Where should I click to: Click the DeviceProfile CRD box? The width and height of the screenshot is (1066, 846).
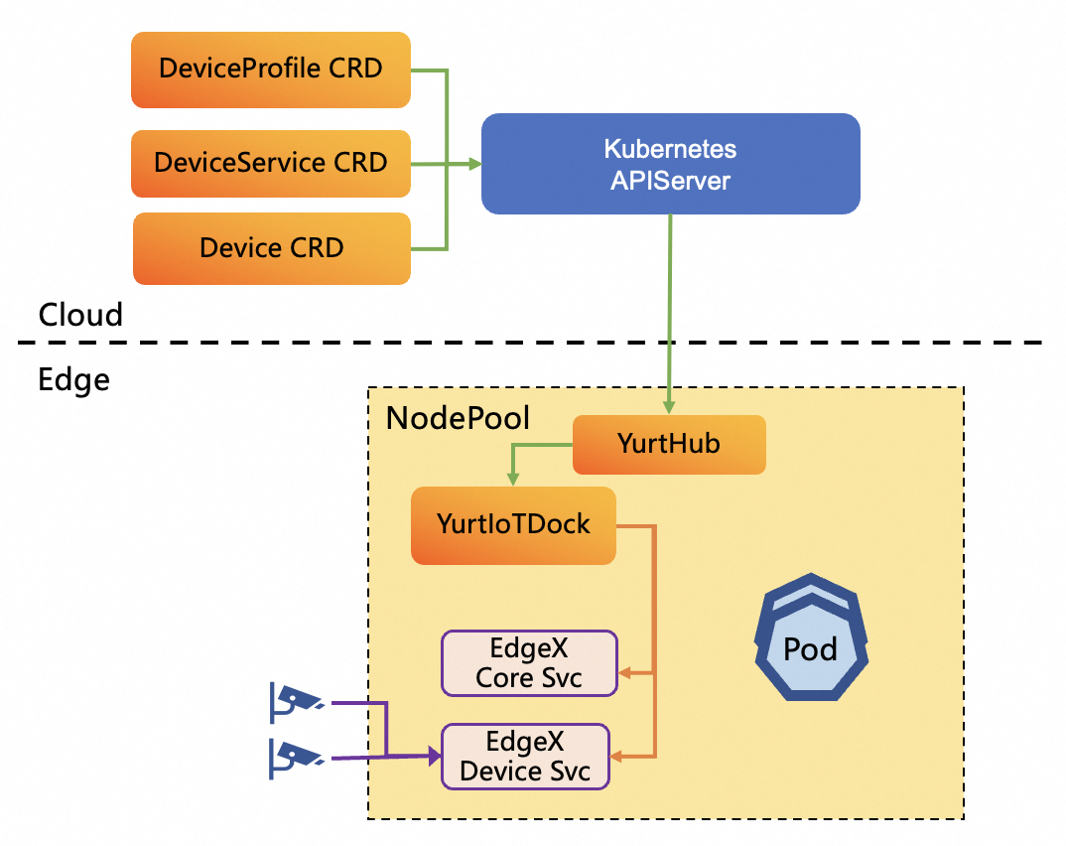(271, 69)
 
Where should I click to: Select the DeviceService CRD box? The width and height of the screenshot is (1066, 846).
(271, 163)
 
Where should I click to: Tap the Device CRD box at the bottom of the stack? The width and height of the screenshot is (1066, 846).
(271, 248)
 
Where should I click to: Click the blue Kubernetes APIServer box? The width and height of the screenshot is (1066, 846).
(670, 164)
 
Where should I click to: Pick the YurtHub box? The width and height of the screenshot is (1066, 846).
(669, 445)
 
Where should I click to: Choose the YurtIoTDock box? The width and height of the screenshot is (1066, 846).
(513, 525)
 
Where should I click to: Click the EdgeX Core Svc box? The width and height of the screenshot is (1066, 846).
(529, 663)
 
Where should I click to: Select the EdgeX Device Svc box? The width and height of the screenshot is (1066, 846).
(525, 757)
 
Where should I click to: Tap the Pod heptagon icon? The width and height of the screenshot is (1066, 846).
(810, 640)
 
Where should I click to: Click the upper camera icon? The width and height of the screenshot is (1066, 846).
(296, 700)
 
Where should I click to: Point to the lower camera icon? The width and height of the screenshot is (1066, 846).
(296, 758)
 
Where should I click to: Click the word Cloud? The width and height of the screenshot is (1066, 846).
(80, 316)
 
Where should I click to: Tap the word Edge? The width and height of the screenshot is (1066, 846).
(73, 379)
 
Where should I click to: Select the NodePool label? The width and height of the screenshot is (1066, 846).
(458, 418)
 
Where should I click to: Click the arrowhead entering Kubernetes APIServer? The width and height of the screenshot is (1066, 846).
(474, 164)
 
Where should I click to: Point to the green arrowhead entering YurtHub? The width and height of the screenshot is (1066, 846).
(670, 407)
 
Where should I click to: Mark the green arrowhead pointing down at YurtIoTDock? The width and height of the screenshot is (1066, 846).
(512, 480)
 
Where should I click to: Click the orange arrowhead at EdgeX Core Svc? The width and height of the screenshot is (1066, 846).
(625, 673)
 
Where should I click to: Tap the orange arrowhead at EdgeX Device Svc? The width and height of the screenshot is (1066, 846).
(617, 758)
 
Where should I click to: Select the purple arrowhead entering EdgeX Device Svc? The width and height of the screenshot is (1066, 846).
(435, 758)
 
